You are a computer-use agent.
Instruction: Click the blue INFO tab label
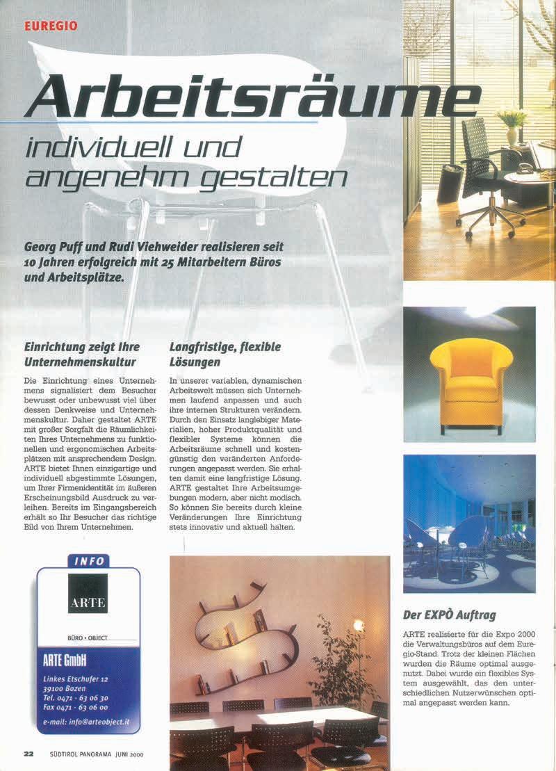[88, 560]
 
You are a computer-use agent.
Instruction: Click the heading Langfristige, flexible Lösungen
[225, 354]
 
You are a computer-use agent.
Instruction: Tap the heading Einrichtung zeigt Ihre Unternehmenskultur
[82, 354]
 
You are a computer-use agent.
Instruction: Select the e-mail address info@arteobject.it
[88, 722]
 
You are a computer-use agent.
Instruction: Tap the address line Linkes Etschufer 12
[75, 678]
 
